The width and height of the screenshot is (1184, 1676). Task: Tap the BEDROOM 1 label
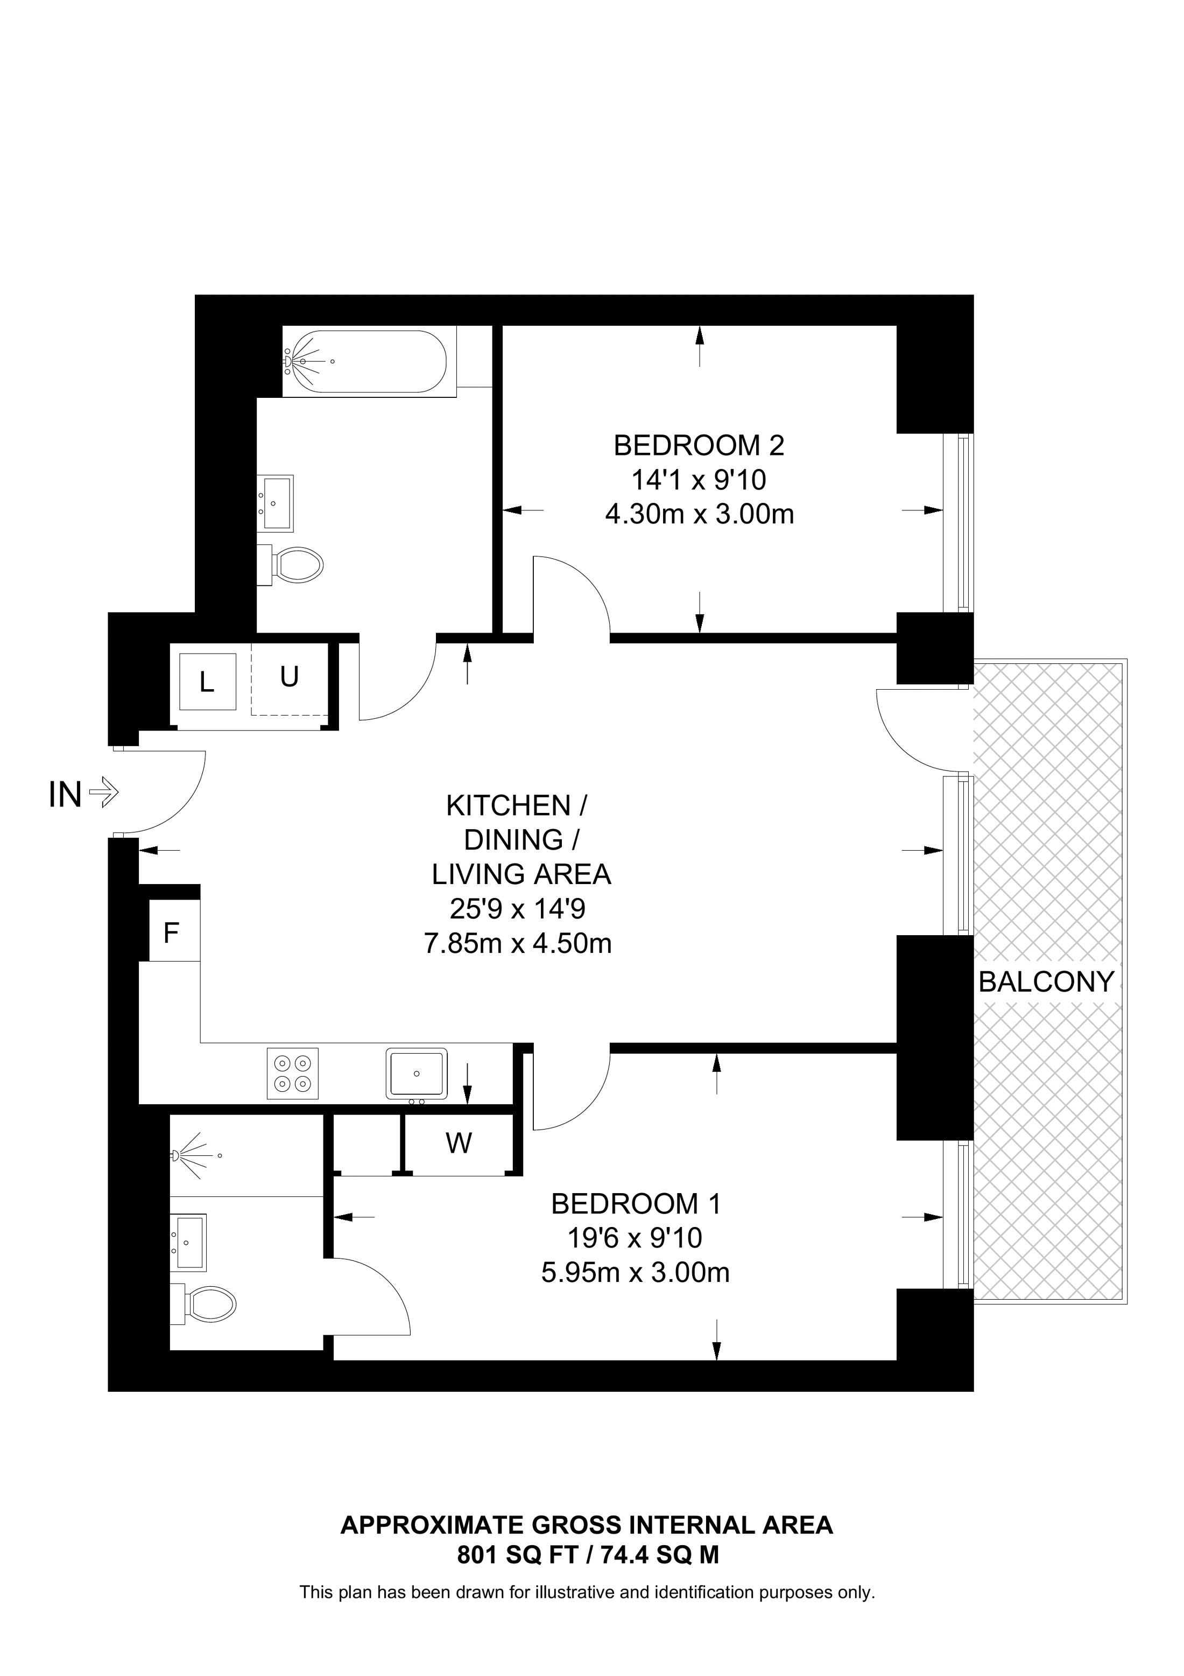[x=636, y=1204]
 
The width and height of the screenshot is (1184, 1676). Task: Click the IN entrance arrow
[x=103, y=793]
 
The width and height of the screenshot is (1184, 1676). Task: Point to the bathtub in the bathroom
[x=363, y=361]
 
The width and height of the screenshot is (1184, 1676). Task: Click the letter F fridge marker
[x=171, y=934]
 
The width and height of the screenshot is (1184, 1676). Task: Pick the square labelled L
[x=207, y=683]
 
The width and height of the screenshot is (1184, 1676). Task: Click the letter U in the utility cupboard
[x=289, y=677]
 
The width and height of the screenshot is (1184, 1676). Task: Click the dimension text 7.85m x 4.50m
[x=517, y=944]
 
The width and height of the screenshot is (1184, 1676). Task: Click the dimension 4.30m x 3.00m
[x=699, y=515]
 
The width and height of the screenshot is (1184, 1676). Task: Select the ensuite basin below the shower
[x=189, y=1241]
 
